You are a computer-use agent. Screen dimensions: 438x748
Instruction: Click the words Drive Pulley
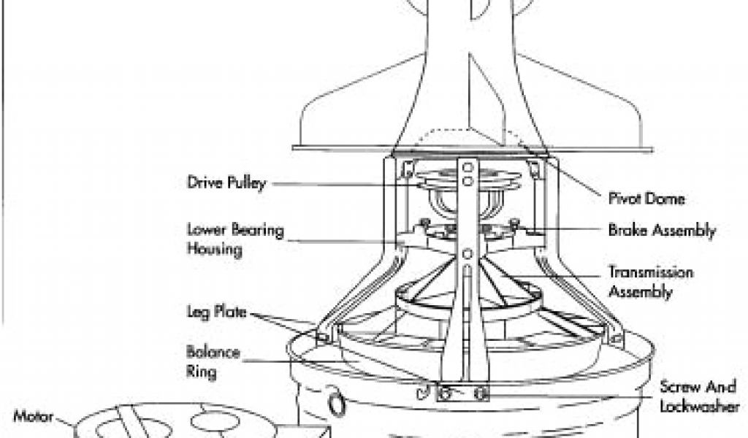pyautogui.click(x=225, y=182)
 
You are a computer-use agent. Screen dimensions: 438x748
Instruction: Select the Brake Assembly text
pyautogui.click(x=662, y=231)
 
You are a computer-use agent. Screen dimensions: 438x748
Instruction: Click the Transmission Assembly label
pyautogui.click(x=650, y=282)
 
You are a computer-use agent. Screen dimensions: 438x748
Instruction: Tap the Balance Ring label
pyautogui.click(x=212, y=362)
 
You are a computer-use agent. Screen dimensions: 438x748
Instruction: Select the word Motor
pyautogui.click(x=32, y=418)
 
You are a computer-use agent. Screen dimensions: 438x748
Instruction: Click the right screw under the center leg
pyautogui.click(x=480, y=393)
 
